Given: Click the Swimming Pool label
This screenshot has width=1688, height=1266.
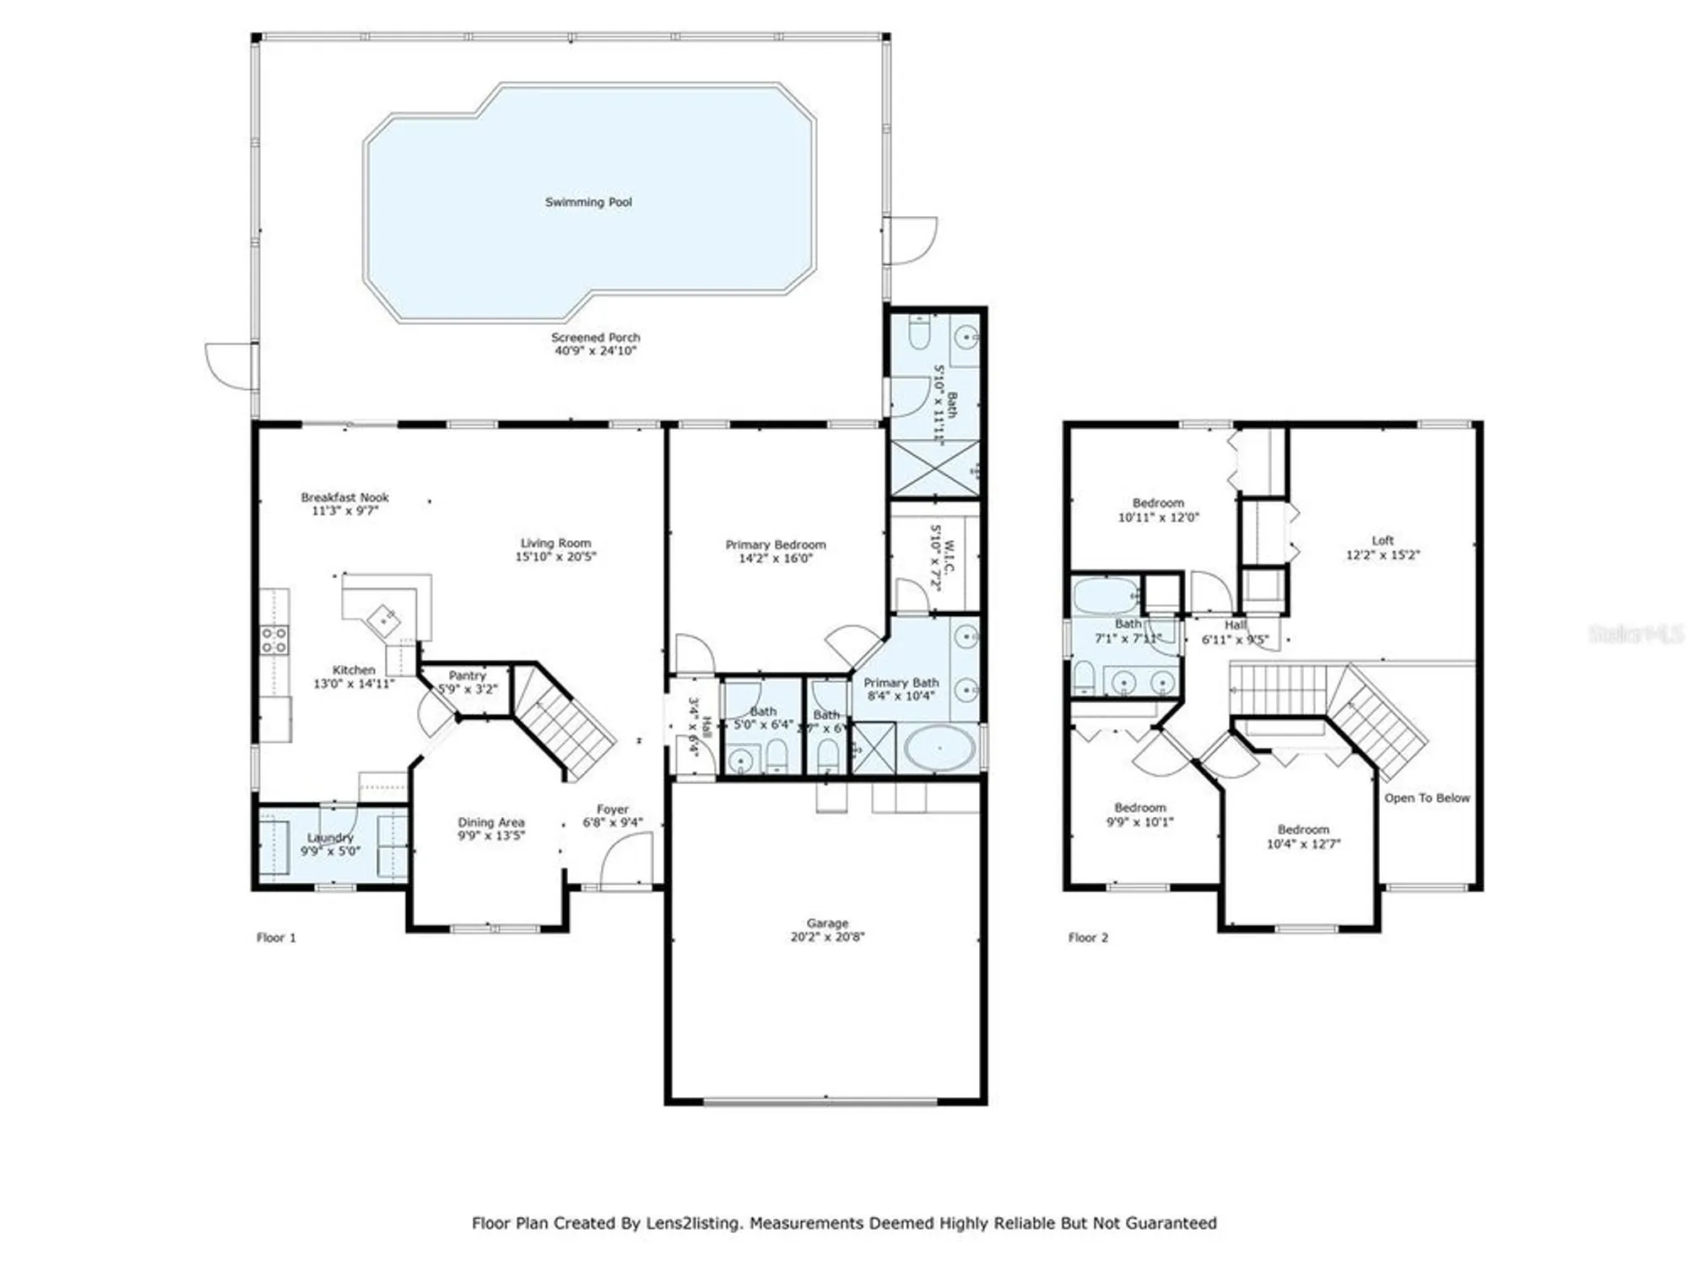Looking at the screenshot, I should pos(587,202).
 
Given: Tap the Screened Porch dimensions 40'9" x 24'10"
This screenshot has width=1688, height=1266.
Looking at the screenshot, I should pos(595,350).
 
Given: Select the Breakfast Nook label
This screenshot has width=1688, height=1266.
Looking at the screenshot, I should pos(344,497).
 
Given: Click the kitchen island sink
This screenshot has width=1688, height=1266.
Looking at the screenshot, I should pos(385,619).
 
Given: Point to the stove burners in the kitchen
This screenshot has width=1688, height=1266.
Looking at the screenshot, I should pos(273,640).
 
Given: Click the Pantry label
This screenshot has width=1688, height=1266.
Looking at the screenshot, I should pos(467,675).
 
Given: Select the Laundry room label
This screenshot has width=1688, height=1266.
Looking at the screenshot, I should pos(330,837).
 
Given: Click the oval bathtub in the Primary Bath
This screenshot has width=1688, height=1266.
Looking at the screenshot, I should pos(939,748).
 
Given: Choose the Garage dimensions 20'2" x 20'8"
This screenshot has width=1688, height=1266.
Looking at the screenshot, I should pos(827,936).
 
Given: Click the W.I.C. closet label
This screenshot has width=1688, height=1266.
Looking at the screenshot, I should pos(949,558).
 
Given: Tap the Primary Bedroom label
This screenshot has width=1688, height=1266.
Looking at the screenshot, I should pos(775,544).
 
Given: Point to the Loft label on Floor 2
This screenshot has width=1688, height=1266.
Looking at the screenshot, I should pos(1382,540).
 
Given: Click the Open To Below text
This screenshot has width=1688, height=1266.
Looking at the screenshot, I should pos(1426,798).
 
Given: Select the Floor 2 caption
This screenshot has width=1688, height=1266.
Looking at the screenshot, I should pos(1087,937).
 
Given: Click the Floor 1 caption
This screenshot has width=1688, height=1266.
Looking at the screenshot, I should pos(276,937).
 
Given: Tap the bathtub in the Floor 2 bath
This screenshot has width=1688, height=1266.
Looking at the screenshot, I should pos(1105,596).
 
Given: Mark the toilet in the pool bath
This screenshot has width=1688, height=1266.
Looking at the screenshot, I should pos(919,334).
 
